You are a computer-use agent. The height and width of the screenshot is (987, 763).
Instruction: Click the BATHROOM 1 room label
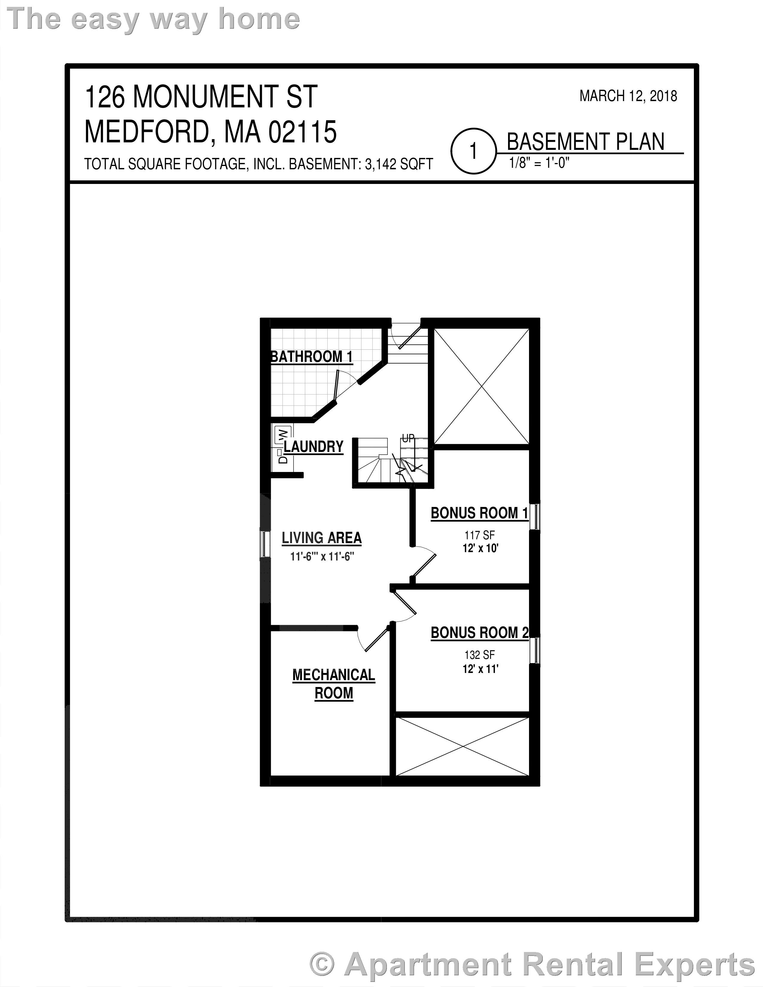[x=311, y=357]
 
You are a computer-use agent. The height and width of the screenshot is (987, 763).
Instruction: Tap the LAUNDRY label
[x=313, y=447]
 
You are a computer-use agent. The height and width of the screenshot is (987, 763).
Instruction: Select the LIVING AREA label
[x=321, y=538]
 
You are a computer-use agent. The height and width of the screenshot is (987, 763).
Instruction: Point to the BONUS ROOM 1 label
[x=479, y=513]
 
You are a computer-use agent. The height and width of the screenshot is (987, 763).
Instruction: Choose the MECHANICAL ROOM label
[x=334, y=684]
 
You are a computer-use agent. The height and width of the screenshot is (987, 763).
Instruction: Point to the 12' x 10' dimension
[x=480, y=549]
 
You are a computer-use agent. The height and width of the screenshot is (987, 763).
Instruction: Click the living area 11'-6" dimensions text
[x=321, y=556]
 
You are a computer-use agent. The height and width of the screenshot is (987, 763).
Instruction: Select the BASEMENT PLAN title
[x=585, y=142]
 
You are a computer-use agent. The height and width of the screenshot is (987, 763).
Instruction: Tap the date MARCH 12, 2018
[x=628, y=96]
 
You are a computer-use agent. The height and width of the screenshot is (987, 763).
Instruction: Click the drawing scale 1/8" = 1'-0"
[x=539, y=163]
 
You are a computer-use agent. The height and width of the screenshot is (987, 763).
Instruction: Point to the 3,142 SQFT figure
[x=399, y=164]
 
